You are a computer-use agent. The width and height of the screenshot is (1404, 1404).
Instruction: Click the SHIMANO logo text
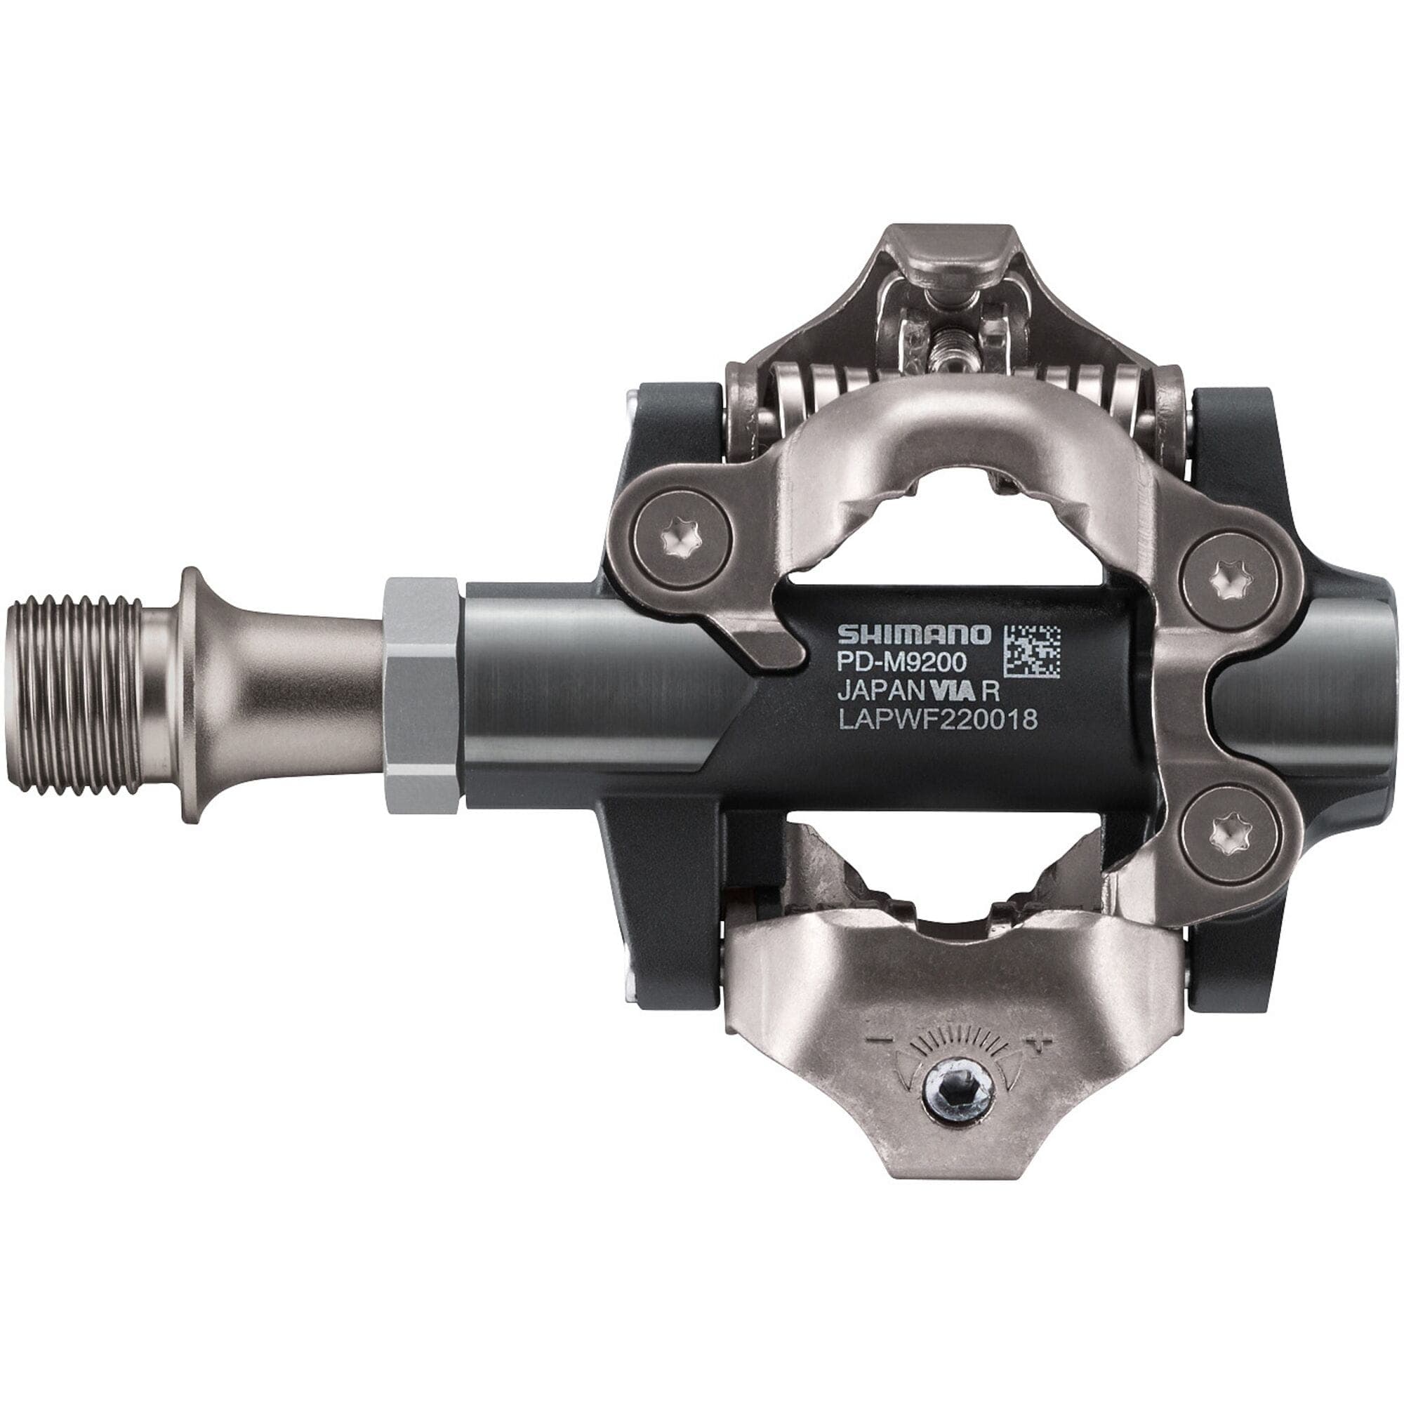[913, 635]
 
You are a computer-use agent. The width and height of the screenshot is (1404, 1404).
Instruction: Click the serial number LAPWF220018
[937, 719]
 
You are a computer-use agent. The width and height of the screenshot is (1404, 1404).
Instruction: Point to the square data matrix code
[1031, 651]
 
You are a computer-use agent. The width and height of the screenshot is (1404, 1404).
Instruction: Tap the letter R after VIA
[991, 690]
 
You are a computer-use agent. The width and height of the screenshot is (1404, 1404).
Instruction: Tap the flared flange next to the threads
[191, 695]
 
